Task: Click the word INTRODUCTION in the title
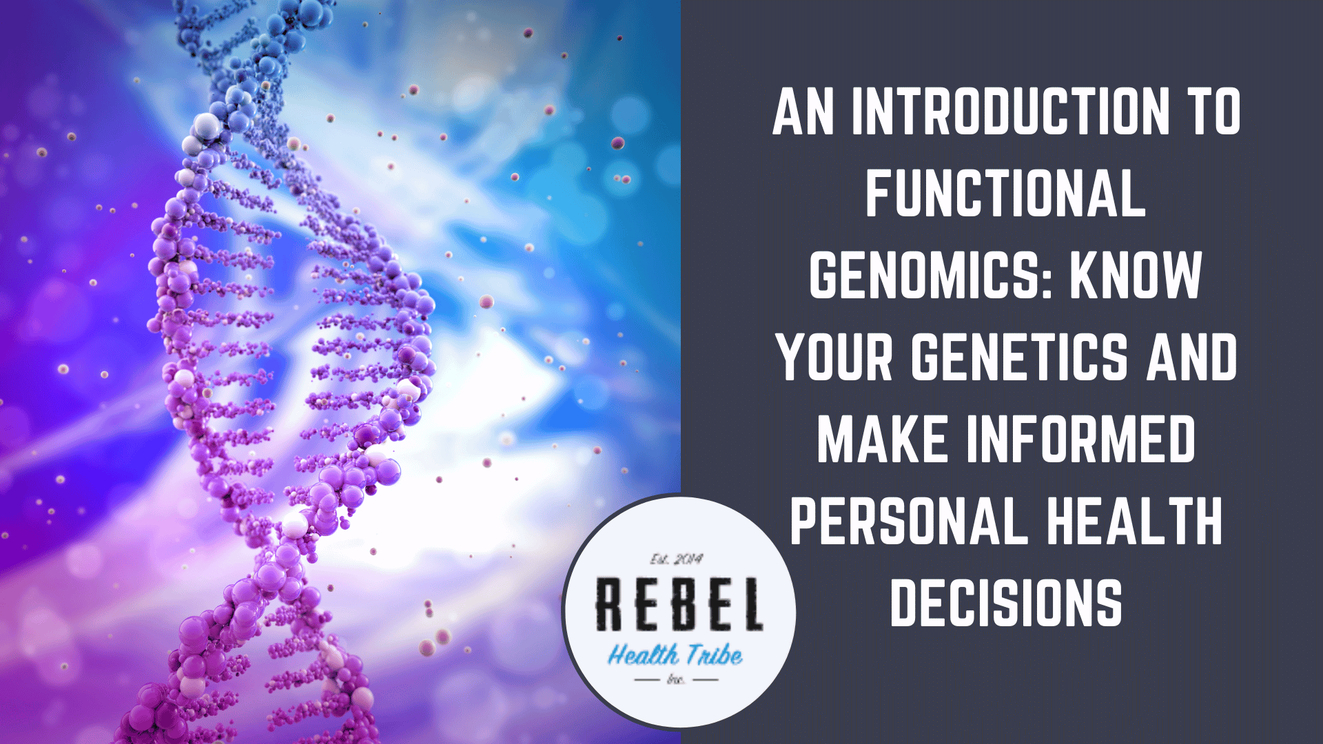[1011, 112]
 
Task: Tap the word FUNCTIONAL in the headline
[1005, 193]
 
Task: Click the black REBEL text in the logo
[679, 604]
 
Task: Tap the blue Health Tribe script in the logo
[675, 654]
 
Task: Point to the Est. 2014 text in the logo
[677, 559]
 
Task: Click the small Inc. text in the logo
[676, 680]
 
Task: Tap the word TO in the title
[1213, 112]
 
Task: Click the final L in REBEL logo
[750, 604]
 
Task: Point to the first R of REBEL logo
[610, 604]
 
